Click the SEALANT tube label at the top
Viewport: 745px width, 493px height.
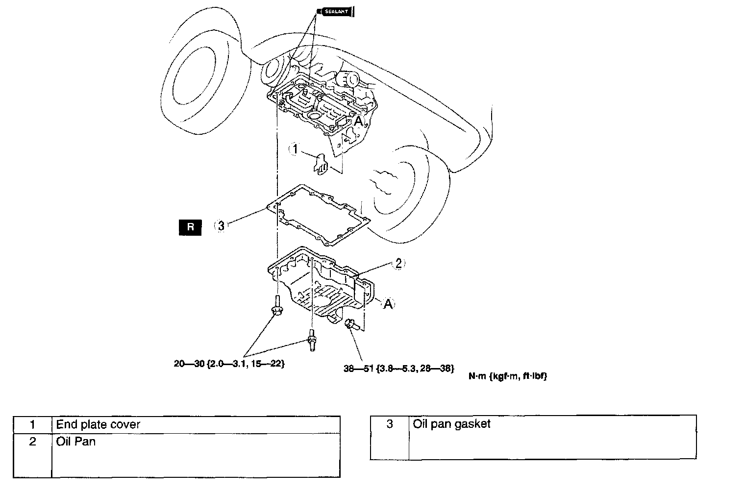point(336,11)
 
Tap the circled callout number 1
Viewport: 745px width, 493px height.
point(295,149)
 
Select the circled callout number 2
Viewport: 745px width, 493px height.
point(398,264)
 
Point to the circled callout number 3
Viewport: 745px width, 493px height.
point(221,226)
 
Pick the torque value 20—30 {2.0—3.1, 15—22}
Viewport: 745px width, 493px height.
point(229,364)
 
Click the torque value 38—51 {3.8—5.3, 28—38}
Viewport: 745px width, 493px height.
point(399,368)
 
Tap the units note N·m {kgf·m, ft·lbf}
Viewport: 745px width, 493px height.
point(507,376)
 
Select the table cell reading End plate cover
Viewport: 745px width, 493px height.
point(98,424)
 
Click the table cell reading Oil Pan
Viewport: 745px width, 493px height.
point(76,442)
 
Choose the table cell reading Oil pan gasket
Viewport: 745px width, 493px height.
point(451,424)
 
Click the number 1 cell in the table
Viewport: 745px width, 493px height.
point(32,424)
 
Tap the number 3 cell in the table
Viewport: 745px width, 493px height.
point(390,424)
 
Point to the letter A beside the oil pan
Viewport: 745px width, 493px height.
point(388,304)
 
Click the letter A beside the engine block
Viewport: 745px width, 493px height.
point(358,121)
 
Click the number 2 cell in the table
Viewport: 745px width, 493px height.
point(32,442)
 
